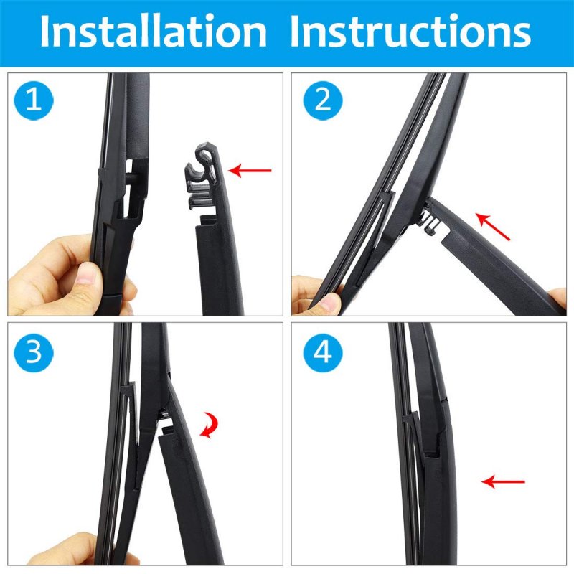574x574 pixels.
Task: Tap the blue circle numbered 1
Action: click(33, 100)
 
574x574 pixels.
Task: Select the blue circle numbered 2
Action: click(323, 100)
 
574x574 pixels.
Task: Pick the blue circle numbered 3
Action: click(33, 352)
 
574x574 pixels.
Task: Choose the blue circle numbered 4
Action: click(323, 352)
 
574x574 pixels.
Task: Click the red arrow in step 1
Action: click(250, 170)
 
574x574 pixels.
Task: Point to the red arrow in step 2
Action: click(492, 227)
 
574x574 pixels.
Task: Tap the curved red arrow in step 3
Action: click(210, 425)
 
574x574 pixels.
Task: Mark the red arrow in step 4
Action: click(503, 481)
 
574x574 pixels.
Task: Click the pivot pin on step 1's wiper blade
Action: click(132, 177)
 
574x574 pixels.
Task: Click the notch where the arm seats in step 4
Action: click(433, 451)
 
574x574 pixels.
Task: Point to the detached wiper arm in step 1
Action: click(216, 235)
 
